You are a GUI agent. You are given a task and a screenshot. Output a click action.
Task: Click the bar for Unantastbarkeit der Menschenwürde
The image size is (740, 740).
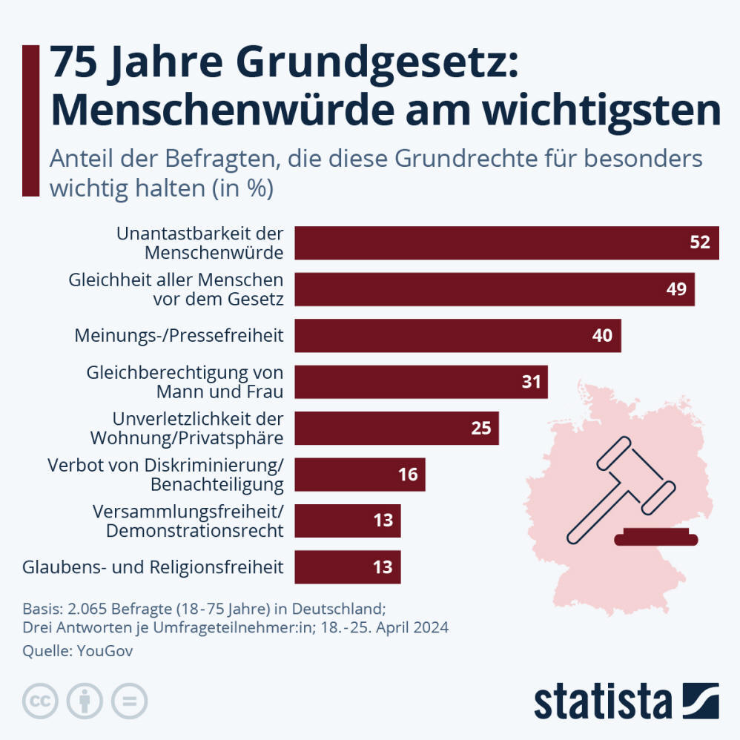[x=506, y=242]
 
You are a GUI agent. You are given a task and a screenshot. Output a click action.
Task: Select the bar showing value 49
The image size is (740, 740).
[x=495, y=289]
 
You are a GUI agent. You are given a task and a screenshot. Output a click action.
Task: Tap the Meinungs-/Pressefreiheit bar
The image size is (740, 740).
[x=457, y=336]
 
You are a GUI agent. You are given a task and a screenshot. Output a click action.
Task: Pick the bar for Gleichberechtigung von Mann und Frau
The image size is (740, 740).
[x=421, y=382]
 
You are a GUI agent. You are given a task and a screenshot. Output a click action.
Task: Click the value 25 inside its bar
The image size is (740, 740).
[x=482, y=428]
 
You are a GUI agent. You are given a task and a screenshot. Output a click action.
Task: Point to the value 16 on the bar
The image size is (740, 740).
[x=408, y=474]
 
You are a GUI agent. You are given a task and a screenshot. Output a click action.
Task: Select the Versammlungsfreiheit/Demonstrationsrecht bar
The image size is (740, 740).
[x=348, y=521]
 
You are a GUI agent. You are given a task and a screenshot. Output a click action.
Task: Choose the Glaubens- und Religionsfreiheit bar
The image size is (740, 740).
[x=348, y=567]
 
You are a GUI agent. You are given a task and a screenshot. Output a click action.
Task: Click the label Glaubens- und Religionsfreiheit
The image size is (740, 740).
[x=153, y=567]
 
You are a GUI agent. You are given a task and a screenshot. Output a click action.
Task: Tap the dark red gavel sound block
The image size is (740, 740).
[x=657, y=536]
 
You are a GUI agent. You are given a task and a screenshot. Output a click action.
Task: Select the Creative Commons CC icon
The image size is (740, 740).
[x=41, y=701]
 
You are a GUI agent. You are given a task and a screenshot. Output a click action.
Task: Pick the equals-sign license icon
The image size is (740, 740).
[x=130, y=701]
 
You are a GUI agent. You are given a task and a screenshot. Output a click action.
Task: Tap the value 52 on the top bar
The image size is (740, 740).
[x=699, y=242]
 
